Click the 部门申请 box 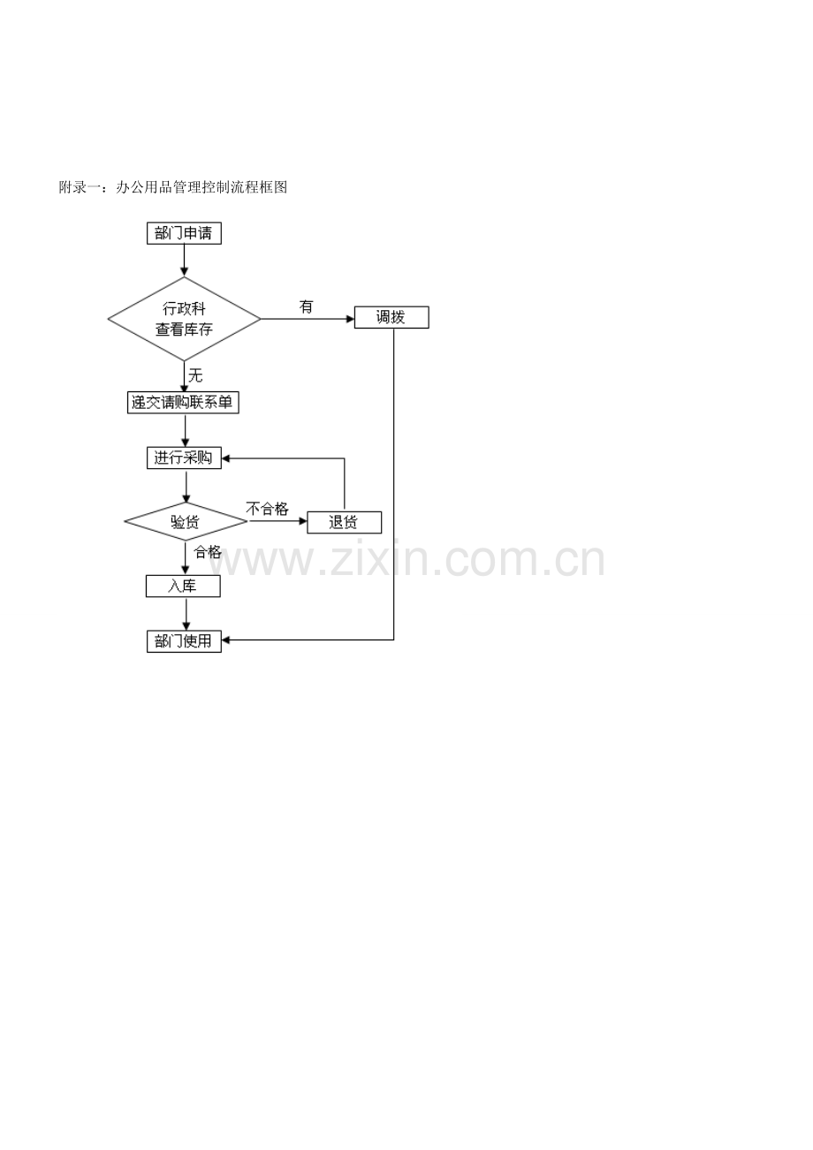(x=184, y=233)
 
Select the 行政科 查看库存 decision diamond (x=185, y=319)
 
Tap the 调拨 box (x=391, y=317)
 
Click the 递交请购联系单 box (x=183, y=403)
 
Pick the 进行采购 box (x=184, y=458)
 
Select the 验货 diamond (x=186, y=522)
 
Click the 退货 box (x=344, y=523)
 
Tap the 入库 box (x=183, y=586)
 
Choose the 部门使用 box (x=184, y=641)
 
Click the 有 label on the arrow (x=306, y=307)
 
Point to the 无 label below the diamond (x=195, y=375)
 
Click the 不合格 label (x=267, y=509)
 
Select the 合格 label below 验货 (x=208, y=552)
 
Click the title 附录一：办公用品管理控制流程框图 (x=173, y=187)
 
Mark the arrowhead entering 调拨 (x=351, y=319)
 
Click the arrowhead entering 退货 (x=303, y=521)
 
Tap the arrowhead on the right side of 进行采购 (x=225, y=458)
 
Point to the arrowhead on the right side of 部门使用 (x=225, y=640)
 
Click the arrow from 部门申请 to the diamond (x=185, y=261)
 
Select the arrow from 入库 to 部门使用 (x=186, y=614)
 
